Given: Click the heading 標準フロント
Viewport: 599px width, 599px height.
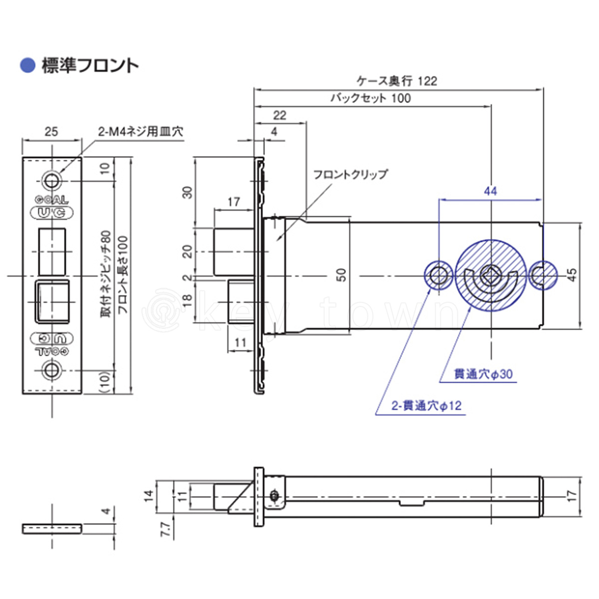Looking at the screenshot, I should click(x=90, y=65).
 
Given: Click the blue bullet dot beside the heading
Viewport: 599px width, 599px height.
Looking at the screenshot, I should click(x=27, y=65).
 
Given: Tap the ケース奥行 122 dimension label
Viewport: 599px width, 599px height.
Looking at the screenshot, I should click(x=397, y=81).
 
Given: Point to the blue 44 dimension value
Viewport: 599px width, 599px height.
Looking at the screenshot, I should click(x=490, y=191).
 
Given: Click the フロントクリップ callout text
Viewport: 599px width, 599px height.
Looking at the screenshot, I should click(x=350, y=174).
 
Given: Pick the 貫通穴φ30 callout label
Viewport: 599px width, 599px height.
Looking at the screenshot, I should click(x=483, y=374).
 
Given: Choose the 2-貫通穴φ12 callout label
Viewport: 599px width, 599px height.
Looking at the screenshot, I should click(x=426, y=406).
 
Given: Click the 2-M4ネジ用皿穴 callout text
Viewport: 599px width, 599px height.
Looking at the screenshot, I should click(x=140, y=131).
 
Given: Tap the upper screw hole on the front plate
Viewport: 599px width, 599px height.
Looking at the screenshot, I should click(x=51, y=180).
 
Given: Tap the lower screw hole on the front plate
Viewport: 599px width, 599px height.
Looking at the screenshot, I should click(x=51, y=370).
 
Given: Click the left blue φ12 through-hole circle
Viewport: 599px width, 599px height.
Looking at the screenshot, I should click(x=438, y=275).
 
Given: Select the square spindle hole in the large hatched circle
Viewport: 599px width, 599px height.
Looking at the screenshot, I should click(x=488, y=273).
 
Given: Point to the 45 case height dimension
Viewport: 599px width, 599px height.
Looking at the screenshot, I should click(x=572, y=275).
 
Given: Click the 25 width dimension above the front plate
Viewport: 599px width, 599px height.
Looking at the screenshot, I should click(x=51, y=131).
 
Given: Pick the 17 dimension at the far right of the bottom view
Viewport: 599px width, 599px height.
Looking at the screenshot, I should click(x=572, y=496).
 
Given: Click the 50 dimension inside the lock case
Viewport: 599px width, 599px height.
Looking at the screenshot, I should click(x=341, y=275).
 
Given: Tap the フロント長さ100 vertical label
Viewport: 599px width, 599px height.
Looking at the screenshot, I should click(x=123, y=275).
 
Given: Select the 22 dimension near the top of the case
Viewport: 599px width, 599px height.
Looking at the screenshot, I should click(x=280, y=115).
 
